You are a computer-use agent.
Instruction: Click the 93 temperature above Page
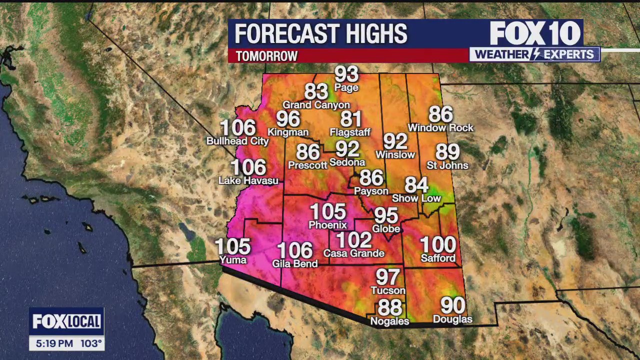click(x=346, y=74)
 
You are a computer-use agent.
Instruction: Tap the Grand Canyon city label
click(x=316, y=105)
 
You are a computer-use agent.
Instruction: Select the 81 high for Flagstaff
click(x=350, y=119)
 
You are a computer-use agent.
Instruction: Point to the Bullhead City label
click(x=237, y=141)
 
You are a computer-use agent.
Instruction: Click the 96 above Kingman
click(x=288, y=119)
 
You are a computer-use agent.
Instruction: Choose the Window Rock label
click(x=440, y=128)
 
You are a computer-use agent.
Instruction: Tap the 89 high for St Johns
click(x=447, y=151)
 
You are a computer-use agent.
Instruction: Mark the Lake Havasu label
click(x=248, y=180)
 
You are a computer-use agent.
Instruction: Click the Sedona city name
click(x=347, y=162)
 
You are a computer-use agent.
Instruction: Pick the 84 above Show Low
click(x=416, y=185)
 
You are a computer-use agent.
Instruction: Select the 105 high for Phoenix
click(x=328, y=212)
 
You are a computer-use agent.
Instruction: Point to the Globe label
click(x=386, y=229)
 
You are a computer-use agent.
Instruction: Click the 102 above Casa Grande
click(x=354, y=240)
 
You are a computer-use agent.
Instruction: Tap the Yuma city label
click(x=233, y=260)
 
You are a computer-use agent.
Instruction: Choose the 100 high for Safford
click(x=438, y=245)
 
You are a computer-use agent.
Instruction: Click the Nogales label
click(x=389, y=321)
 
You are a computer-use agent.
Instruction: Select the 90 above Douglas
click(x=452, y=305)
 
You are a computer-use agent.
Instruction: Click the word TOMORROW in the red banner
click(x=266, y=56)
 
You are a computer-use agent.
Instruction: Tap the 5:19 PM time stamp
click(x=55, y=344)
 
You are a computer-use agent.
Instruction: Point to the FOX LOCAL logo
click(x=66, y=321)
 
